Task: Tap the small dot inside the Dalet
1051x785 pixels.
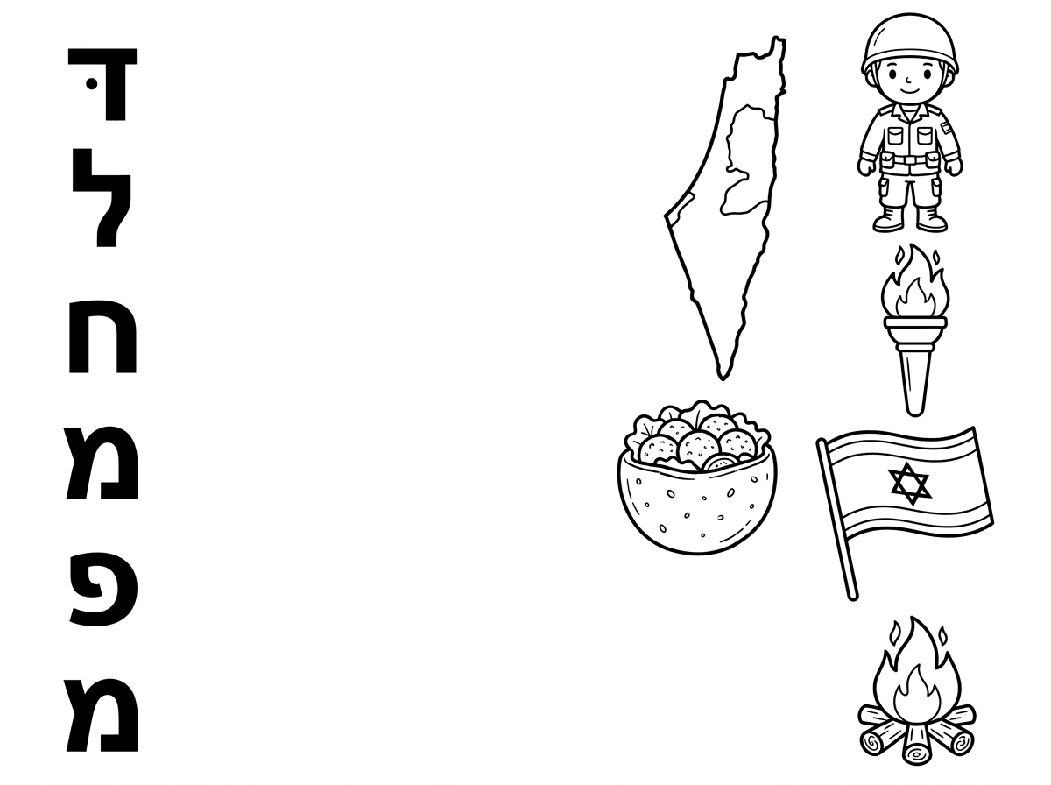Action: pyautogui.click(x=91, y=84)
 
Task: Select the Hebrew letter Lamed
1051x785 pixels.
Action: pyautogui.click(x=102, y=197)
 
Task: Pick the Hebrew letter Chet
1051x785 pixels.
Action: pyautogui.click(x=102, y=336)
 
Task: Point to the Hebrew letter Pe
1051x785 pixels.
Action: pyautogui.click(x=104, y=589)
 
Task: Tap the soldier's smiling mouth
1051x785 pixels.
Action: pyautogui.click(x=910, y=90)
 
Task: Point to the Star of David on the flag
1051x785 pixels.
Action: pyautogui.click(x=910, y=484)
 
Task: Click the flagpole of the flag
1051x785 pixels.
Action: pyautogui.click(x=837, y=520)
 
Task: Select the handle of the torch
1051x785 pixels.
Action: pyautogui.click(x=915, y=378)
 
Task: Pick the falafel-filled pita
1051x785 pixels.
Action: pyautogui.click(x=697, y=479)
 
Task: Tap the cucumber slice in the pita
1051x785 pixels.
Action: pyautogui.click(x=719, y=463)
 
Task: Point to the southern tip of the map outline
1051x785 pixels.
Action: pyautogui.click(x=723, y=379)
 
